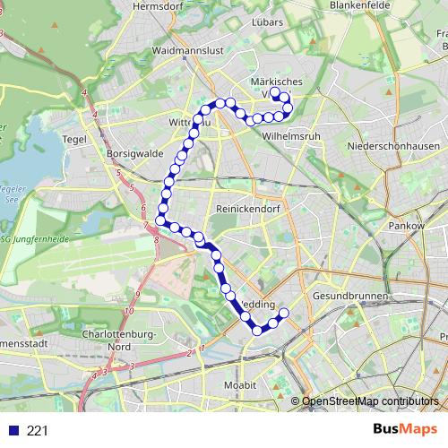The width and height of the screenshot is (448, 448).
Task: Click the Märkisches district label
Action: [277, 82]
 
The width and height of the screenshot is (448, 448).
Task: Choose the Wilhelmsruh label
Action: [292, 137]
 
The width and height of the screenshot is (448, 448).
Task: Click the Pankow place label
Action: [405, 226]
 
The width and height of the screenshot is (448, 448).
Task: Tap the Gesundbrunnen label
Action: [350, 296]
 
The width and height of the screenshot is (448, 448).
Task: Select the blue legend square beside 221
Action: [14, 431]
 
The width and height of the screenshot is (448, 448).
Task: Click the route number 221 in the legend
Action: [38, 431]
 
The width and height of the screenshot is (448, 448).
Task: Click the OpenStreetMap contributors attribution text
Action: [370, 401]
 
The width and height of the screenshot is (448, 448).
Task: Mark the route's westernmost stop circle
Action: [160, 220]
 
